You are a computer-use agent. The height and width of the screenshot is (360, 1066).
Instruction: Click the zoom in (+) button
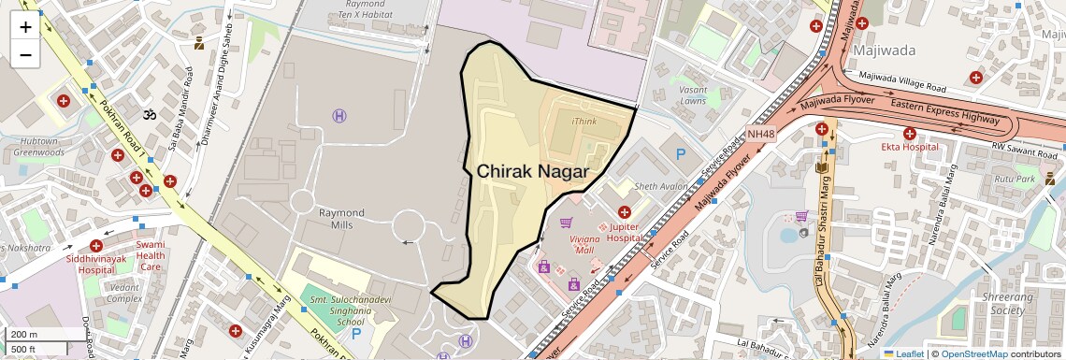coord(25,27)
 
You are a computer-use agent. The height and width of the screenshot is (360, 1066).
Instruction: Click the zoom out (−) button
coord(25,55)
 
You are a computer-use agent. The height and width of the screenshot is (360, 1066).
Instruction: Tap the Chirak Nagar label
coord(532,172)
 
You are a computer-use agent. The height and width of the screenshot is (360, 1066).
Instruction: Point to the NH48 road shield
coord(761,135)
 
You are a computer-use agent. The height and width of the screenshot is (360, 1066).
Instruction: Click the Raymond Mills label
coord(341,219)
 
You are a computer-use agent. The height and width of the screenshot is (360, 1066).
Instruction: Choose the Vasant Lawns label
coord(694,94)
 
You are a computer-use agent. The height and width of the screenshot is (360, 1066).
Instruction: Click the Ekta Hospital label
coord(909,147)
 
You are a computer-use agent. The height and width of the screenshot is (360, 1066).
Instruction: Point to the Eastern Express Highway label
coord(944,110)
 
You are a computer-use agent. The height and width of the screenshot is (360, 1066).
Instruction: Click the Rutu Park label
coord(1016,179)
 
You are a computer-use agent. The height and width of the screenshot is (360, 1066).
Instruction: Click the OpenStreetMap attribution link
coord(973,353)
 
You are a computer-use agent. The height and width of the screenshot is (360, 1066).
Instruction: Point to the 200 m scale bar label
coord(24,335)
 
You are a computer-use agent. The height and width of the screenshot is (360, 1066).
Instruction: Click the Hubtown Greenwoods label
coord(38,146)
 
